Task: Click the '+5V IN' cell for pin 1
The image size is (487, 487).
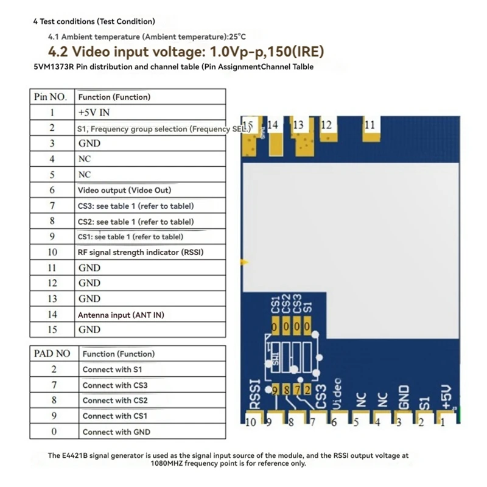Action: (94, 113)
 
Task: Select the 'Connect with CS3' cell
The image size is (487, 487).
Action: (115, 385)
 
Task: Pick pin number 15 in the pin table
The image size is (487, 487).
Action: (52, 330)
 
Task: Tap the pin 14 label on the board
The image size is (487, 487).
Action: (273, 125)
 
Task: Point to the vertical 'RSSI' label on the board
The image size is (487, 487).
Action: (256, 395)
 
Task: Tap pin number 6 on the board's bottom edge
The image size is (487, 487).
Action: (334, 421)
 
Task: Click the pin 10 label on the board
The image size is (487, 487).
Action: (251, 421)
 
